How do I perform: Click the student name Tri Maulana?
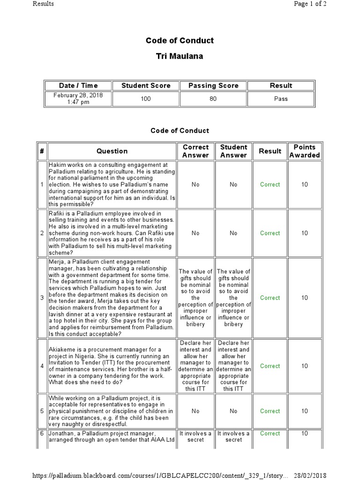[x=180, y=56]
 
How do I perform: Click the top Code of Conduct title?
[x=180, y=40]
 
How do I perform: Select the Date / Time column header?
[x=78, y=85]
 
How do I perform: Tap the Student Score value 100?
[x=146, y=99]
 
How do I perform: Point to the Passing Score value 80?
[x=213, y=99]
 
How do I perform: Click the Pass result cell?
[x=281, y=99]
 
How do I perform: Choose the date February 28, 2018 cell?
[x=78, y=99]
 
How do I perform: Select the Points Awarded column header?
[x=304, y=151]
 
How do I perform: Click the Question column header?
[x=112, y=151]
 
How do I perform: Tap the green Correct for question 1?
[x=270, y=185]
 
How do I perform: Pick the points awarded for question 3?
[x=304, y=298]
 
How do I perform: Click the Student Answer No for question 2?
[x=233, y=233]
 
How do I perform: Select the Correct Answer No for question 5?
[x=195, y=411]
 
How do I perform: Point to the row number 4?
[x=42, y=366]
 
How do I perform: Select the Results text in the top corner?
[x=43, y=4]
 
